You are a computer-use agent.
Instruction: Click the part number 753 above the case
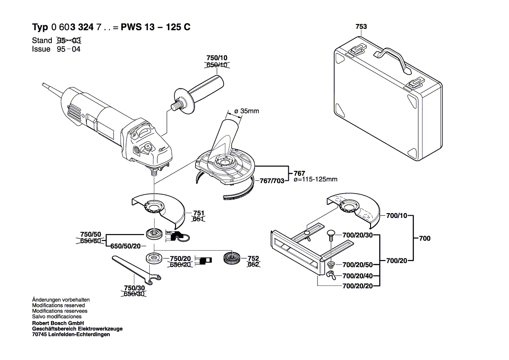[x=361, y=27]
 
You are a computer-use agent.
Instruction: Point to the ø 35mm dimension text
[x=246, y=111]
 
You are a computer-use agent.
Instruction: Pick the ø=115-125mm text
[x=316, y=180]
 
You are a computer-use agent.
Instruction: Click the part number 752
[x=253, y=258]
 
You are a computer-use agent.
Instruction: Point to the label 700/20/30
[x=358, y=236]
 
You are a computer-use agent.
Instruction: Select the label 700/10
[x=396, y=215]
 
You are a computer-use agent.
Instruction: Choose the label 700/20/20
[x=358, y=286]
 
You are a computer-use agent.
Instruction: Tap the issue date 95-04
[x=68, y=49]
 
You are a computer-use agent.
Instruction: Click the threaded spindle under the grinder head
[x=154, y=171]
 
